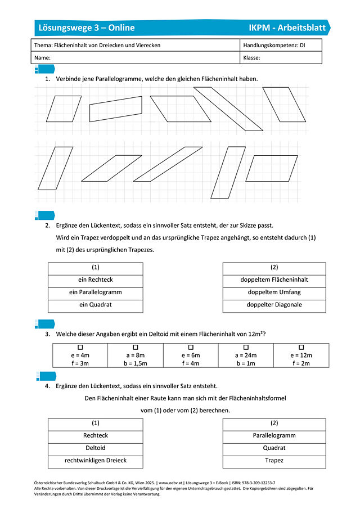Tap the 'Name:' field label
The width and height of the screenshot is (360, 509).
point(43,57)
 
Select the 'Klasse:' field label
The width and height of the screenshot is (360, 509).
point(251,57)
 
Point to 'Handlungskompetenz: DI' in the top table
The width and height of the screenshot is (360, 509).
point(274,45)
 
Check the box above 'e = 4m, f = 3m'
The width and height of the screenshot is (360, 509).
point(80,348)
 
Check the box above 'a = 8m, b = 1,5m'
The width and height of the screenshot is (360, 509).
point(136,348)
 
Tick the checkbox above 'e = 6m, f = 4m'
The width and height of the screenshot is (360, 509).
point(191,348)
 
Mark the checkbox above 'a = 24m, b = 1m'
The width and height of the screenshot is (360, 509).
point(246,348)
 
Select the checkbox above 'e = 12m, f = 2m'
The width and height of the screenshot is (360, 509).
point(301,348)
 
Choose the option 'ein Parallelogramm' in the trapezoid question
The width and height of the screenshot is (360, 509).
point(96,292)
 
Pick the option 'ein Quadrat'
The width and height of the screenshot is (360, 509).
point(96,305)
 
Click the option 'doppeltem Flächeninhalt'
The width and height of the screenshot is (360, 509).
point(274,280)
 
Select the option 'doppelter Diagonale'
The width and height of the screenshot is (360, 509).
point(274,305)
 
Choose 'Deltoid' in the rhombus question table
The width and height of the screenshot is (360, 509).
point(96,448)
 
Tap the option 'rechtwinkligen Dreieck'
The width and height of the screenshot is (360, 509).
point(96,461)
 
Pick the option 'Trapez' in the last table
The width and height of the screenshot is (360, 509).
point(274,461)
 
